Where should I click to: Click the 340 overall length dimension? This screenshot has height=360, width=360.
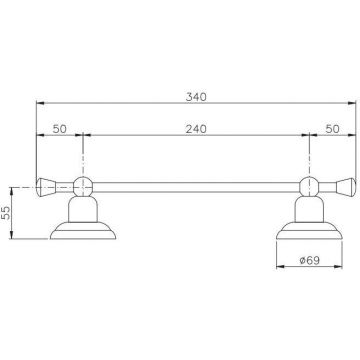point(196,97)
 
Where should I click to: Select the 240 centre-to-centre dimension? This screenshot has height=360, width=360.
point(196,129)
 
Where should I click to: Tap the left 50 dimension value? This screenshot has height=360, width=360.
point(60,129)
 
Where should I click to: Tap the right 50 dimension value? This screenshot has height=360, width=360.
point(332,129)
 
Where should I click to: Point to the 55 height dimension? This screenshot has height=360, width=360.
point(6,212)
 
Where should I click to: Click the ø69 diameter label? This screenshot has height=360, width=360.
point(310,260)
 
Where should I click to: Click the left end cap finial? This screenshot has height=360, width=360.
point(46,187)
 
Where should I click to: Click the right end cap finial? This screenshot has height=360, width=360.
point(346,187)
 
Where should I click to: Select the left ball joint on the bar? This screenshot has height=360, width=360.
point(83,186)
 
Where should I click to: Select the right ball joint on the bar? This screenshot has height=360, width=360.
point(309,186)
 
